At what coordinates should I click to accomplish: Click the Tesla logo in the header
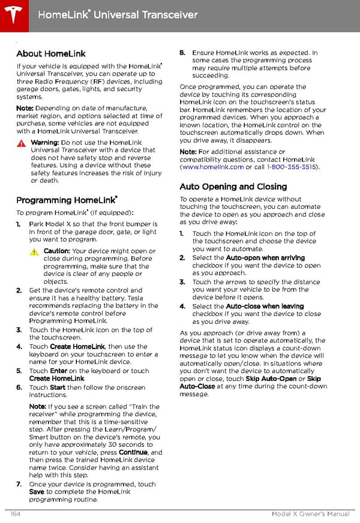13,13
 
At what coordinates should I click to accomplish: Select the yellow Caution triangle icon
34,251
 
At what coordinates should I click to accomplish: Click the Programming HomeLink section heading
66,200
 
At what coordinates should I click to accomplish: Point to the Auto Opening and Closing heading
233,187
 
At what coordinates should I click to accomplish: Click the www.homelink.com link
212,167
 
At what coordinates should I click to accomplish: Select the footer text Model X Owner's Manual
310,514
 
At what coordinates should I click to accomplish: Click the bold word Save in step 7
37,492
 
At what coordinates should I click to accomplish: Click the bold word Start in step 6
57,387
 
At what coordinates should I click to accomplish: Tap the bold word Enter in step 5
59,371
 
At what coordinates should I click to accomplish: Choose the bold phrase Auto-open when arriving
257,257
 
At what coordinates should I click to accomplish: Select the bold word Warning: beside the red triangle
44,143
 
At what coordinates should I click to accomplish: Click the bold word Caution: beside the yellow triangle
56,251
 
